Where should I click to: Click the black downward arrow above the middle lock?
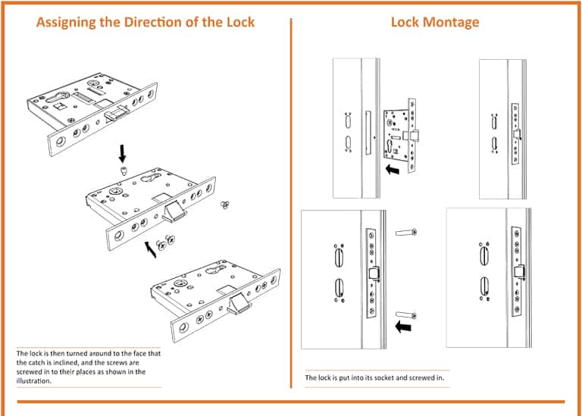[x=122, y=153]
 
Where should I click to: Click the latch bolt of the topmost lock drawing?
[x=116, y=113]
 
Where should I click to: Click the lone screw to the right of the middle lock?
[x=224, y=204]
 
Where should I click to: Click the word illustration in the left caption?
[x=35, y=381]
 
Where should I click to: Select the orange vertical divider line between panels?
[x=291, y=205]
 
